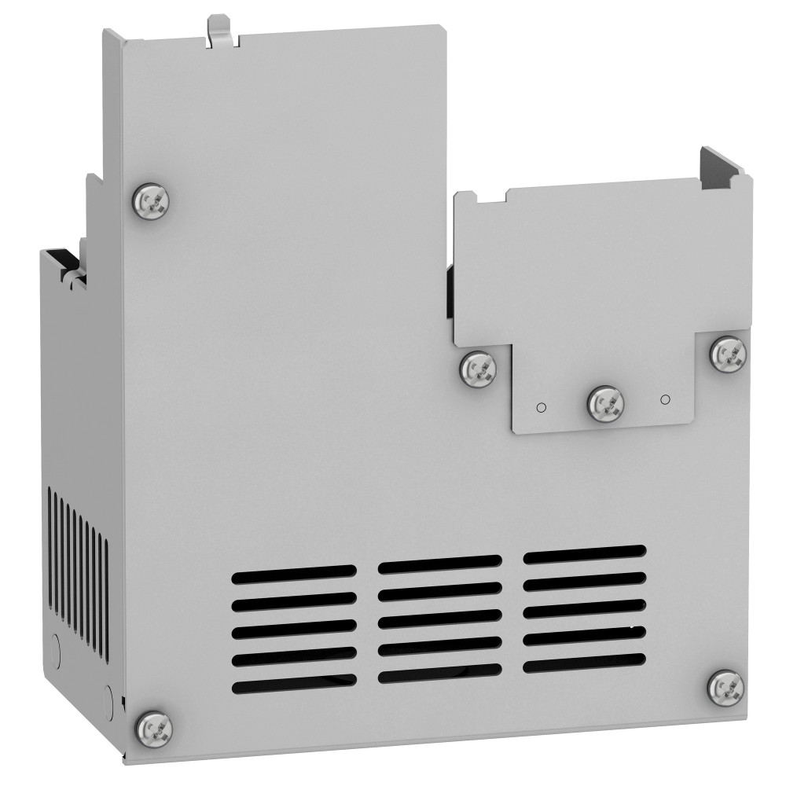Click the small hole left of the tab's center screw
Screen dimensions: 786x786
pyautogui.click(x=540, y=406)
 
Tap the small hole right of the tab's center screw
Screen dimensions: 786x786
pyautogui.click(x=665, y=399)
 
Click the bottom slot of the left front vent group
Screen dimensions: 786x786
pyautogui.click(x=293, y=686)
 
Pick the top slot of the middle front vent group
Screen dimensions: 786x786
pyautogui.click(x=439, y=564)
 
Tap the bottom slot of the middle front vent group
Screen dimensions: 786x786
pyautogui.click(x=439, y=674)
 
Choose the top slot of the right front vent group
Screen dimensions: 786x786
pyautogui.click(x=585, y=554)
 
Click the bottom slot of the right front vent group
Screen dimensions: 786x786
pyautogui.click(x=585, y=663)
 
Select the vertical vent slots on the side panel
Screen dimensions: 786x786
pyautogui.click(x=77, y=574)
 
